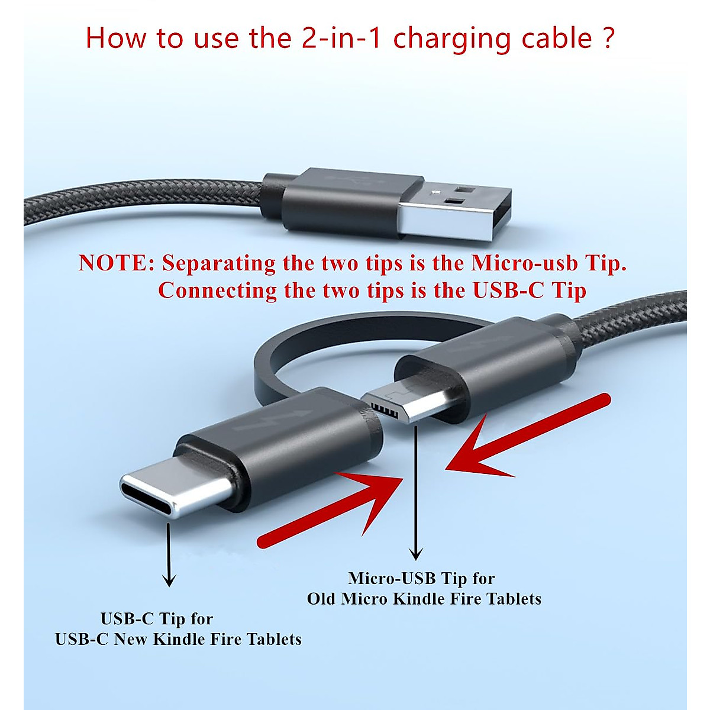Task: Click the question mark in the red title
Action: point(608,38)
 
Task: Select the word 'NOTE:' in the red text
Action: point(116,263)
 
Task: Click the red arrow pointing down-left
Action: point(521,438)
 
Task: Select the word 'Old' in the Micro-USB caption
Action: point(321,599)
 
